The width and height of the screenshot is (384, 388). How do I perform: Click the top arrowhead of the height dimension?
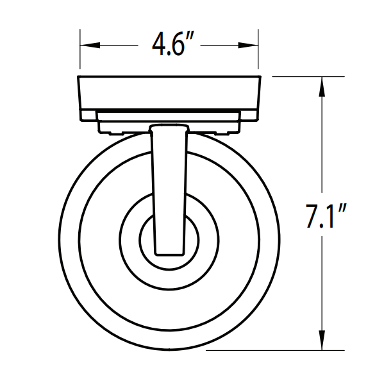point(321,84)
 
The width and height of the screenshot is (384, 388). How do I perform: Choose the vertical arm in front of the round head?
point(169,186)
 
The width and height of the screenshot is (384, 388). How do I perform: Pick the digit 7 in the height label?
point(313,216)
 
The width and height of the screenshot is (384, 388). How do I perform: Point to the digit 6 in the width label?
point(179,46)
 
